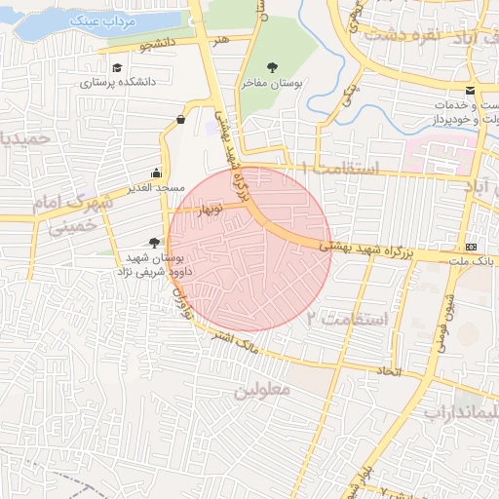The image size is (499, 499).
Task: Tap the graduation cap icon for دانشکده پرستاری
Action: [118, 68]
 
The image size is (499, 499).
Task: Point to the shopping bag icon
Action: [181, 120]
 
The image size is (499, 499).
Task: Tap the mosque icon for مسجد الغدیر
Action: [156, 173]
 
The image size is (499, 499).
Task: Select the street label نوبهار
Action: [211, 210]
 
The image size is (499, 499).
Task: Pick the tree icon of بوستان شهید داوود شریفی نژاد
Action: [153, 243]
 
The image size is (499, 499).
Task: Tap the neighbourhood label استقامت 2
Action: [348, 319]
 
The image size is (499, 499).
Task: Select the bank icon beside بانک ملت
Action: [472, 246]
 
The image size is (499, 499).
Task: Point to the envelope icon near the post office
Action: [471, 91]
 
